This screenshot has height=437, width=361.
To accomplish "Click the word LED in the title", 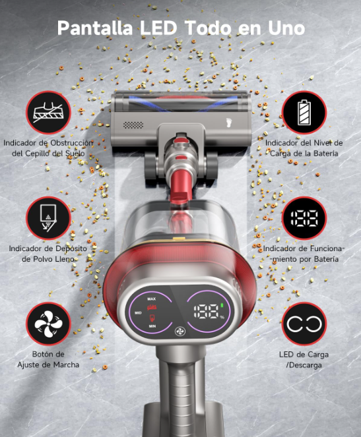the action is click(x=158, y=28).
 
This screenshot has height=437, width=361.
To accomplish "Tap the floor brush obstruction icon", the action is click(x=48, y=112).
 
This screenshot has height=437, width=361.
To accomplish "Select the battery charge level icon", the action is click(x=304, y=112).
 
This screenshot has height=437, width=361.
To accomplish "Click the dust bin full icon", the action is click(x=48, y=218).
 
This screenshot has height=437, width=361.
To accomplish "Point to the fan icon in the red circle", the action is click(x=48, y=324).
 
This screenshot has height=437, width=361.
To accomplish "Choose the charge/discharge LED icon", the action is click(x=304, y=324).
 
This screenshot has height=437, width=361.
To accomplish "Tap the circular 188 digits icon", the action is click(x=304, y=218).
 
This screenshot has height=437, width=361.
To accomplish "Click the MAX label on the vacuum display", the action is click(x=152, y=299).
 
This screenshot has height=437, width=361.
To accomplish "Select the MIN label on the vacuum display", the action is click(x=152, y=326).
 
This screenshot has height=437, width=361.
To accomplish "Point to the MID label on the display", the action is click(x=138, y=313).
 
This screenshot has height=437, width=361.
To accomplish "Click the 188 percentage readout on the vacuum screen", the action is click(x=207, y=311).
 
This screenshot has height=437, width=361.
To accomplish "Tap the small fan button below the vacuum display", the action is click(x=180, y=332).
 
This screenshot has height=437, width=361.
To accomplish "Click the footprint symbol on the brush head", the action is click(x=229, y=123).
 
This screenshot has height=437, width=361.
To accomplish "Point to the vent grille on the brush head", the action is click(x=133, y=125).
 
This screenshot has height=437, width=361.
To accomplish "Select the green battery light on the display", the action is click(x=222, y=305).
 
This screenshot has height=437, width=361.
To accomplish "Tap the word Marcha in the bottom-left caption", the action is click(x=67, y=364).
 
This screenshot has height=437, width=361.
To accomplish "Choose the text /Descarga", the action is click(x=304, y=365).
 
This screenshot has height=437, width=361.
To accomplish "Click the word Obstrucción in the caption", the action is click(x=72, y=143).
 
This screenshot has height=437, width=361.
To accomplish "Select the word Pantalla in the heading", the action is click(x=95, y=28).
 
